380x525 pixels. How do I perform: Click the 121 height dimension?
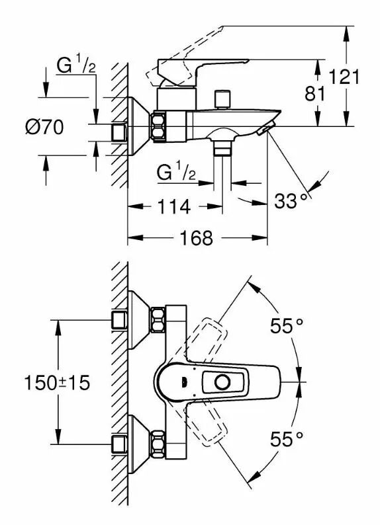pos(344,77)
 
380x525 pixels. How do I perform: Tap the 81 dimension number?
pos(315,93)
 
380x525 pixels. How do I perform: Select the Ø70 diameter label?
pos(44,127)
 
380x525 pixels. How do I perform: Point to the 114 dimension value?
pos(174,206)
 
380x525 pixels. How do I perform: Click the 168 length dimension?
pos(197,238)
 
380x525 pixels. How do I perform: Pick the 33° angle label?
pos(291,201)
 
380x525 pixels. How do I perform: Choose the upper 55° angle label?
pos(287,326)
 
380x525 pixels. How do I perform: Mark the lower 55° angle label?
pos(287,439)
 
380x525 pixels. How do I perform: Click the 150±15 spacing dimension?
pos(58,382)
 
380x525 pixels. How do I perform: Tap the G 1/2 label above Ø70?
pos(76,65)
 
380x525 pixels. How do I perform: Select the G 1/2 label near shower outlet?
pos(176,172)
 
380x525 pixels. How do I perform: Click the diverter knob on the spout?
pos(222,99)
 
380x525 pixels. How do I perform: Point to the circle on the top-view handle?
pos(222,382)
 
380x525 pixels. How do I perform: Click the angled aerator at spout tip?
pos(266,129)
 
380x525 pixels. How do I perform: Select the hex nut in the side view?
pos(159,126)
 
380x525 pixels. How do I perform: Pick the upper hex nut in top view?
pos(158,320)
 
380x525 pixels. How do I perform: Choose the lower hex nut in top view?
pos(158,444)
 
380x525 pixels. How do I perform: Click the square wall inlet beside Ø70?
pos(119,132)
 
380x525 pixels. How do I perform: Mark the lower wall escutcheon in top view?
pos(139,444)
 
